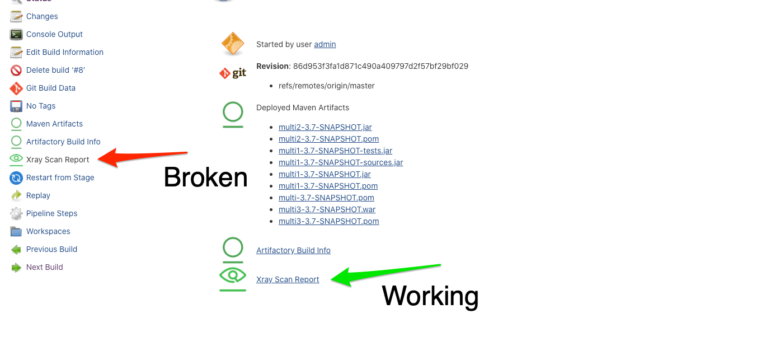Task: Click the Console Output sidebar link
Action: pyautogui.click(x=54, y=34)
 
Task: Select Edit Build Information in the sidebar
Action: pyautogui.click(x=64, y=52)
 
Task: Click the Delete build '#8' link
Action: pyautogui.click(x=55, y=70)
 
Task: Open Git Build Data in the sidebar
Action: pyautogui.click(x=50, y=88)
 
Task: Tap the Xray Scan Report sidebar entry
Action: pyautogui.click(x=58, y=160)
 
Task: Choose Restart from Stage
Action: pyautogui.click(x=60, y=177)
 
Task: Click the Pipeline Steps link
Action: pyautogui.click(x=51, y=213)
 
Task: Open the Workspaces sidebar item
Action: pyautogui.click(x=48, y=231)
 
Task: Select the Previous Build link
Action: pyautogui.click(x=51, y=249)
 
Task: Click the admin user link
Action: pyautogui.click(x=325, y=44)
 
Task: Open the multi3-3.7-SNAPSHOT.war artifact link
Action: pyautogui.click(x=327, y=209)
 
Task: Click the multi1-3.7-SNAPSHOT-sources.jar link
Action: pyautogui.click(x=340, y=162)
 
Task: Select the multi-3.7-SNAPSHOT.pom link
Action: pyautogui.click(x=326, y=198)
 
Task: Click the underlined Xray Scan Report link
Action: pyautogui.click(x=288, y=279)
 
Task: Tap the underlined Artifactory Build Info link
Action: pyautogui.click(x=293, y=250)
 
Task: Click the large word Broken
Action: pyautogui.click(x=205, y=177)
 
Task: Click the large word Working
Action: pyautogui.click(x=430, y=296)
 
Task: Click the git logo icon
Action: pyautogui.click(x=233, y=73)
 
